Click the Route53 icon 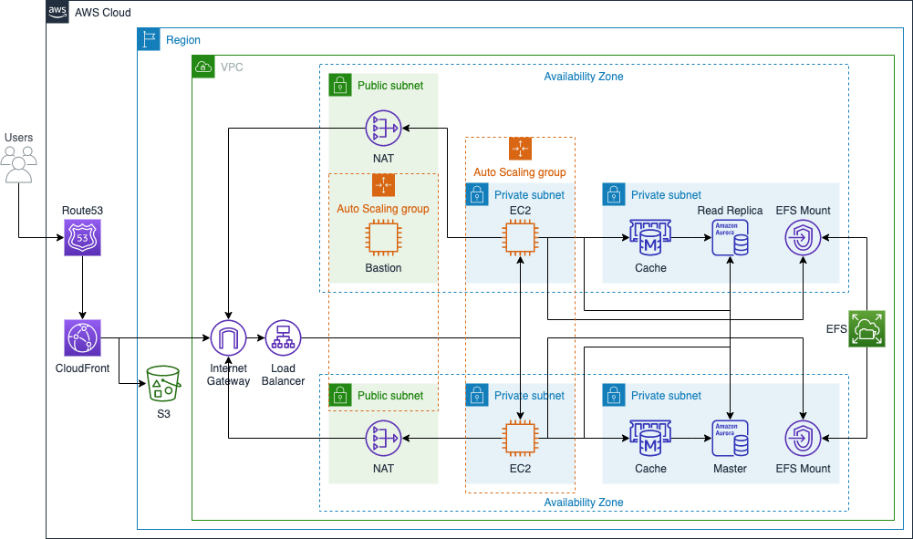[x=82, y=238]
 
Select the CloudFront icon [x=82, y=338]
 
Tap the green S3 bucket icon [x=164, y=385]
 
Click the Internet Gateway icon [x=228, y=338]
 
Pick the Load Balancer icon [x=283, y=338]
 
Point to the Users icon [x=19, y=164]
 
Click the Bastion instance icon [x=383, y=238]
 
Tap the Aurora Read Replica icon [x=730, y=239]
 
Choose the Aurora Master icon [x=730, y=439]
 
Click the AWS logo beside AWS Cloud [x=57, y=13]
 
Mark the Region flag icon [x=148, y=39]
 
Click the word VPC [x=232, y=67]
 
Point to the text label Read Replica [x=730, y=211]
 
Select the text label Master [x=730, y=469]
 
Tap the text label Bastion [x=383, y=268]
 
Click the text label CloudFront [x=82, y=368]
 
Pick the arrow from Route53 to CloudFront [x=82, y=287]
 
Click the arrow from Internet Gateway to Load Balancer [x=255, y=338]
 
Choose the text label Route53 [x=82, y=211]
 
